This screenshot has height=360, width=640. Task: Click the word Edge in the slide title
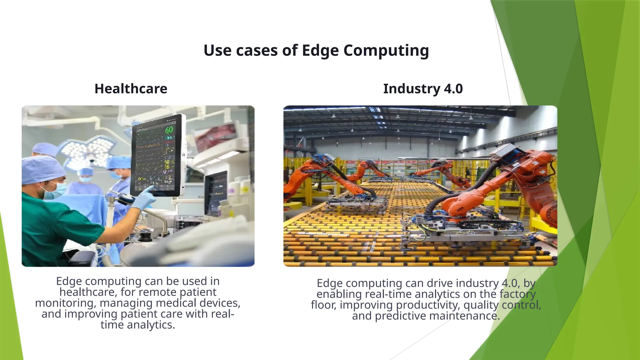[x=320, y=51]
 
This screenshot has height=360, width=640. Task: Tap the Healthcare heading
[x=131, y=89]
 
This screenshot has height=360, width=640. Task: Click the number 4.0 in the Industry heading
[x=453, y=89]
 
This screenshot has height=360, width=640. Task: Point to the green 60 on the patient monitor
[x=169, y=129]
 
